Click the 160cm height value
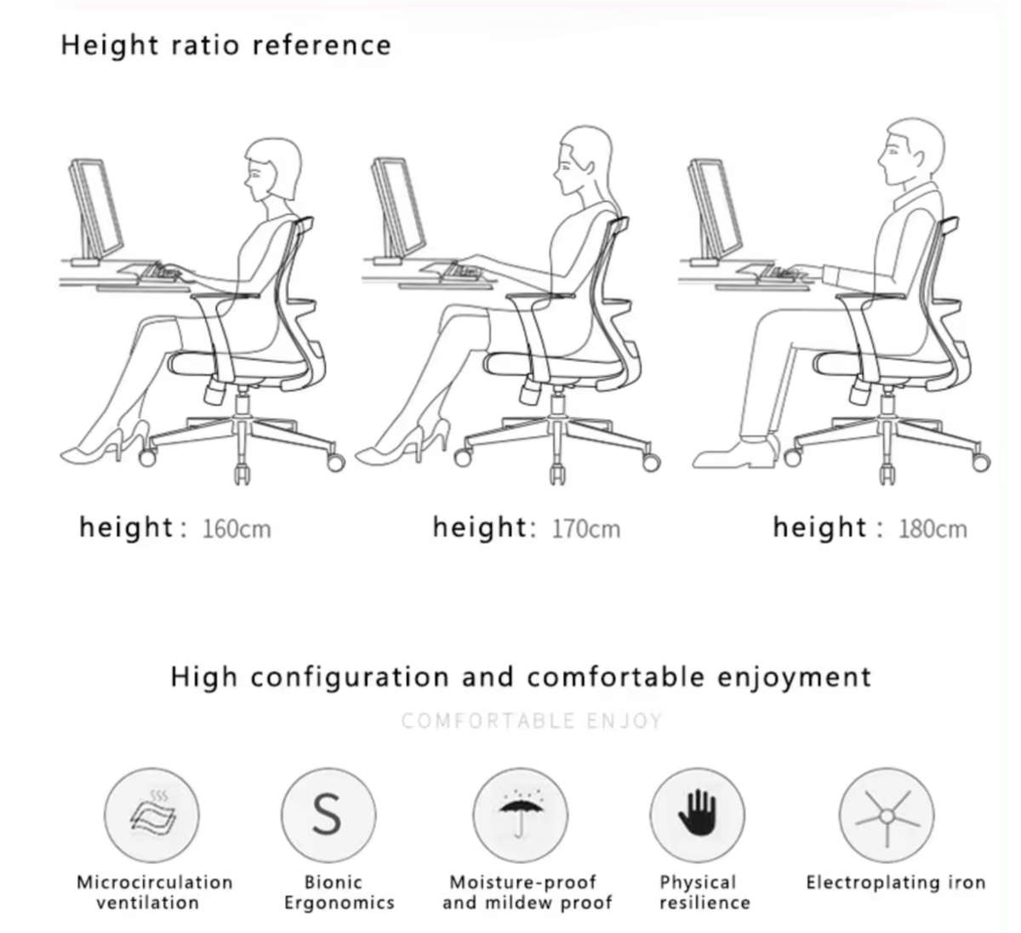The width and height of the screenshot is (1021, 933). tap(237, 529)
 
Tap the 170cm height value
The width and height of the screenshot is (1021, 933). tap(585, 529)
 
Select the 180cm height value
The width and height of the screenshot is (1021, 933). tap(933, 529)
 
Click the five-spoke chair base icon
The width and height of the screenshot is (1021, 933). tap(886, 815)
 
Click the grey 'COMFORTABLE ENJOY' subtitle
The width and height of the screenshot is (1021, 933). tap(531, 721)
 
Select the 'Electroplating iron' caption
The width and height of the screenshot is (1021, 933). tap(895, 883)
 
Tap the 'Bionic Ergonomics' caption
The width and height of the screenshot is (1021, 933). tap(339, 893)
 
